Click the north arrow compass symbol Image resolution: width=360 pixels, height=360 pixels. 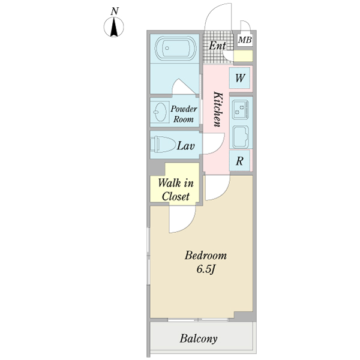click(114, 26)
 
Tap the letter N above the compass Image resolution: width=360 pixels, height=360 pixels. click(115, 11)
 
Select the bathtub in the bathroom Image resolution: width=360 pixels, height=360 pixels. click(175, 48)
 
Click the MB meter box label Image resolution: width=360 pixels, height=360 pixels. click(245, 40)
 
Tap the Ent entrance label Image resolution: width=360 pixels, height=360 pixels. click(217, 45)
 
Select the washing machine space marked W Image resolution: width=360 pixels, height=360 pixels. click(239, 78)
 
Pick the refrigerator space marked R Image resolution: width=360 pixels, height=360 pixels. click(239, 161)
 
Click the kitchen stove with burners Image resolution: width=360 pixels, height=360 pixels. click(241, 110)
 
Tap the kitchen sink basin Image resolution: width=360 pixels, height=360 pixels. click(241, 137)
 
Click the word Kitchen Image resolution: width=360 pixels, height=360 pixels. click(218, 109)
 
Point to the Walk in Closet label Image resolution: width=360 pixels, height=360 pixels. click(176, 190)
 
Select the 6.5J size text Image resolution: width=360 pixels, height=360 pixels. click(205, 269)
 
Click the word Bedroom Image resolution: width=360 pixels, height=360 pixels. click(206, 256)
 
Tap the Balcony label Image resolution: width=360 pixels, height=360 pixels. click(199, 338)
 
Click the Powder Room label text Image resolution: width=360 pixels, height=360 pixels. click(184, 114)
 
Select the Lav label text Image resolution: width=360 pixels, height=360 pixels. click(186, 146)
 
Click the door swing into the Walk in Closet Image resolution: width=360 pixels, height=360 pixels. click(182, 220)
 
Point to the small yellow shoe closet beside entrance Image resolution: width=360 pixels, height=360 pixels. click(244, 56)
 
